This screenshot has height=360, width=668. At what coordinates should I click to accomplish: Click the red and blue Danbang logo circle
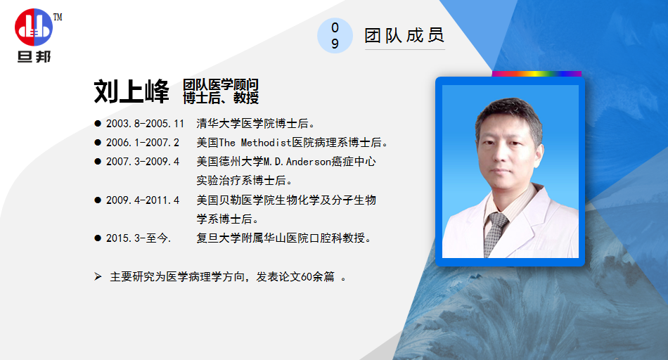34,27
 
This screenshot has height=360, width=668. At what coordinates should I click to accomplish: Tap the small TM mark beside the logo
58,17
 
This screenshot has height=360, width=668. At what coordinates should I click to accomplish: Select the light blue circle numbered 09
335,35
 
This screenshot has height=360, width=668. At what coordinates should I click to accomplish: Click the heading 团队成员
404,35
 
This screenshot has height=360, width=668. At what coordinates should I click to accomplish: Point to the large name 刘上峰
131,91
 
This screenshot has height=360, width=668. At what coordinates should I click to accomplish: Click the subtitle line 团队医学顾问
221,85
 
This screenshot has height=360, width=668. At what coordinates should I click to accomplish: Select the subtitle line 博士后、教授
221,98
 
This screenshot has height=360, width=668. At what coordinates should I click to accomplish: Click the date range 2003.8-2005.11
146,124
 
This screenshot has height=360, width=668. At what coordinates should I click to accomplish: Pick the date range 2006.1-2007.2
143,143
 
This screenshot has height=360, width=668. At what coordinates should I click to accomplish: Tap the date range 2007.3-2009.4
143,162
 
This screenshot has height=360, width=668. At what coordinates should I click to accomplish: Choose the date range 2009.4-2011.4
143,200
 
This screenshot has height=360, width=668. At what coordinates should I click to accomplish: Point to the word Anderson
309,162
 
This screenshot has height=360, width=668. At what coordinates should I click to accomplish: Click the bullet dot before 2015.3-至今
98,238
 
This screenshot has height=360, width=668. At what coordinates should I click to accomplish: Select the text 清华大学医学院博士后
252,124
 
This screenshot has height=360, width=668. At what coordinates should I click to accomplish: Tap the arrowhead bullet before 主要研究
98,277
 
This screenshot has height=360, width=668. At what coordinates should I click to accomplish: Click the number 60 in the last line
307,277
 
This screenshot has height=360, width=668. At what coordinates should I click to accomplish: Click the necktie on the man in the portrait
495,233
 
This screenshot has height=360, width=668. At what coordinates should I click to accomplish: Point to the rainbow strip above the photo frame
537,74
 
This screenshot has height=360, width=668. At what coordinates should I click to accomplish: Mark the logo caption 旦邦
34,57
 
